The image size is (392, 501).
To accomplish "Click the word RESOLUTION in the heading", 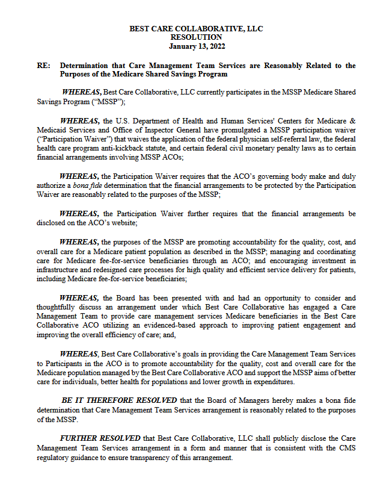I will (196, 37).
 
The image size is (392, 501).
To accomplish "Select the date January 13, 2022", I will (196, 46).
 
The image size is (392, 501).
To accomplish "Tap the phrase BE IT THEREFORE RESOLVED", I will (118, 400).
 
